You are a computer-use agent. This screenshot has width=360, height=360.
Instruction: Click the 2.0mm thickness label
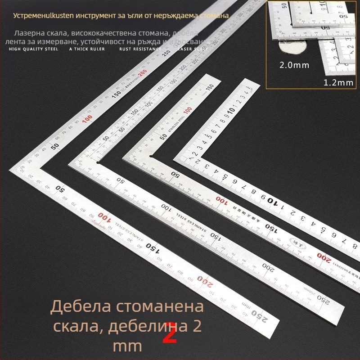coord(294,65)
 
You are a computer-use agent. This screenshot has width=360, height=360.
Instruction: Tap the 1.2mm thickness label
coord(338,83)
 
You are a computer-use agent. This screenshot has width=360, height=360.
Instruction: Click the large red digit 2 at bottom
coord(169,333)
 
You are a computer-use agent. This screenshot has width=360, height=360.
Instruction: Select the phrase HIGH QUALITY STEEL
coord(34,49)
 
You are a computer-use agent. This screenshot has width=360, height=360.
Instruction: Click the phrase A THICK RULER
coord(87,49)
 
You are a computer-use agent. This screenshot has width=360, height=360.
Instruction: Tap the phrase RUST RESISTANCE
coord(140,49)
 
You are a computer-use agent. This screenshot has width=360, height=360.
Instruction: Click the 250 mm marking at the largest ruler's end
coord(260,315)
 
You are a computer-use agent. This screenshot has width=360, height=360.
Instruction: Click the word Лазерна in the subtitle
coord(29,33)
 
